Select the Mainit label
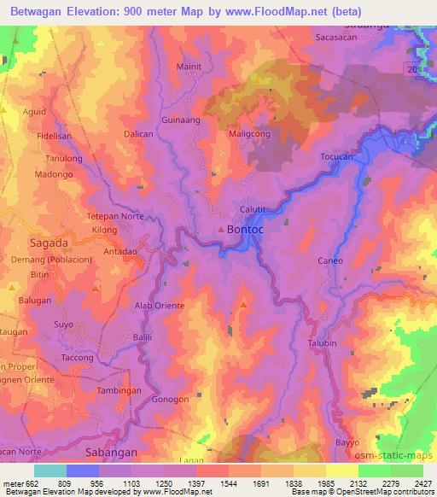click(189, 66)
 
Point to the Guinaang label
click(180, 120)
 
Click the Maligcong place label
click(250, 134)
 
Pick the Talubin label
click(322, 343)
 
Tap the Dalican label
click(137, 135)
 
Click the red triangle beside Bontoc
click(222, 231)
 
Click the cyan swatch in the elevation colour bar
click(50, 471)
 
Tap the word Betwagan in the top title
click(34, 12)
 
